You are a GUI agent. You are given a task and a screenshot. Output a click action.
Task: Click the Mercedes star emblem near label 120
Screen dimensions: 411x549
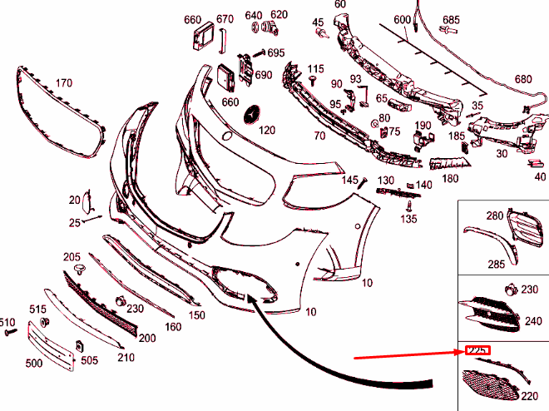[251, 113]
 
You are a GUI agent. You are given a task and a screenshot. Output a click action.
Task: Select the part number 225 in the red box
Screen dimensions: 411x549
[477, 350]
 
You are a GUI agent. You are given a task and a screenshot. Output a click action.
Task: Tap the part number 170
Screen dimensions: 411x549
[64, 83]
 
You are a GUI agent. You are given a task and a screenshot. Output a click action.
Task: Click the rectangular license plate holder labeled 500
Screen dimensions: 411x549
[52, 344]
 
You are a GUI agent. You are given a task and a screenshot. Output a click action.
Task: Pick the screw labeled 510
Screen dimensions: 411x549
[11, 332]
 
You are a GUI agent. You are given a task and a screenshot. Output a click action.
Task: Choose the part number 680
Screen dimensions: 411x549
[522, 79]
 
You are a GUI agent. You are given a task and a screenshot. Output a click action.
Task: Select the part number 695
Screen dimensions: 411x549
[275, 52]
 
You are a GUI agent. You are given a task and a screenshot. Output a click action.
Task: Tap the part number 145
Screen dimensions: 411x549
[349, 180]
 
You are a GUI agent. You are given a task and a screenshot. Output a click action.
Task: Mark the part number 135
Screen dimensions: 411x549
[408, 220]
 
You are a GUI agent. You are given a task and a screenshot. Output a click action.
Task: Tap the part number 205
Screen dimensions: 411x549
[72, 256]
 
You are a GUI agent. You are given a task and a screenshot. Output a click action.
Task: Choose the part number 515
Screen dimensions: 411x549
[38, 309]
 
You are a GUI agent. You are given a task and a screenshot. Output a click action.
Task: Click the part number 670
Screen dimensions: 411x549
[225, 18]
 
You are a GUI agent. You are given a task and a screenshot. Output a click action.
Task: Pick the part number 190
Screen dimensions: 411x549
[423, 126]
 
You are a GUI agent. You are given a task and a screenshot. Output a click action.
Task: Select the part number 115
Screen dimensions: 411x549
[315, 68]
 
